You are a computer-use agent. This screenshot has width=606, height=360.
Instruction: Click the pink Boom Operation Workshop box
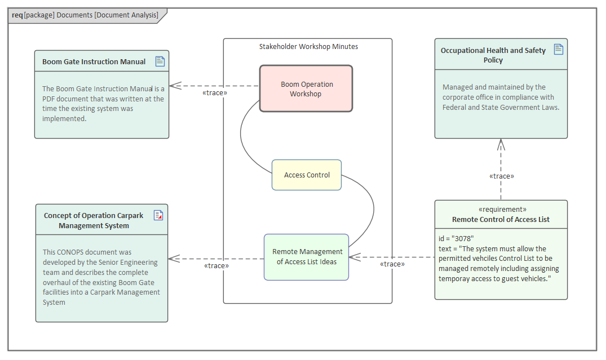[x=306, y=88]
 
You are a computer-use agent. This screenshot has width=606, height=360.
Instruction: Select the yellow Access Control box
[x=307, y=175]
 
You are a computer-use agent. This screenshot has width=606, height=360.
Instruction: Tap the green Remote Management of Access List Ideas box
[x=306, y=257]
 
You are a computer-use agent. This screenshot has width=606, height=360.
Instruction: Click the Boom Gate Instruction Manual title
[x=94, y=61]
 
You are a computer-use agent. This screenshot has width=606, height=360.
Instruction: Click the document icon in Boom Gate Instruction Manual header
[x=160, y=61]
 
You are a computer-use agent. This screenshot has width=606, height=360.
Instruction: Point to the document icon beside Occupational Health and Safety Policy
[x=558, y=50]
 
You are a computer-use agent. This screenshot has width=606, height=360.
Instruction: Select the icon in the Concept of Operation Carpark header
[x=158, y=215]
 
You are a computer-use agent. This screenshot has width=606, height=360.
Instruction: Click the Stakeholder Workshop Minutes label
[x=308, y=47]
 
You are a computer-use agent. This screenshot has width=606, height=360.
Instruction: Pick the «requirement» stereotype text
[x=501, y=209]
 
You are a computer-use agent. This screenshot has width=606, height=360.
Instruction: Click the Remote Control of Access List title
[x=501, y=219]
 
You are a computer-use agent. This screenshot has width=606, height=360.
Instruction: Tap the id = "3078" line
[x=456, y=238]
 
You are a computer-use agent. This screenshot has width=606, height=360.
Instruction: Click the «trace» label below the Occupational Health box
[x=501, y=176]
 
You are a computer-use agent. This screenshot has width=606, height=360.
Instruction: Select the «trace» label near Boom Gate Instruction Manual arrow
[x=214, y=93]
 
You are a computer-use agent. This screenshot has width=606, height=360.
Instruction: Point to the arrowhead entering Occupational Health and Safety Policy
[x=501, y=144]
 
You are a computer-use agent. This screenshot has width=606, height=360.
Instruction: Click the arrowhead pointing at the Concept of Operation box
[x=174, y=259]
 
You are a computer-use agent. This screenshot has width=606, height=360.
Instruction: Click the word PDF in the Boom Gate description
[x=51, y=99]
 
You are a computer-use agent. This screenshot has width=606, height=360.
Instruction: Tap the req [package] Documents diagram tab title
[x=85, y=15]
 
